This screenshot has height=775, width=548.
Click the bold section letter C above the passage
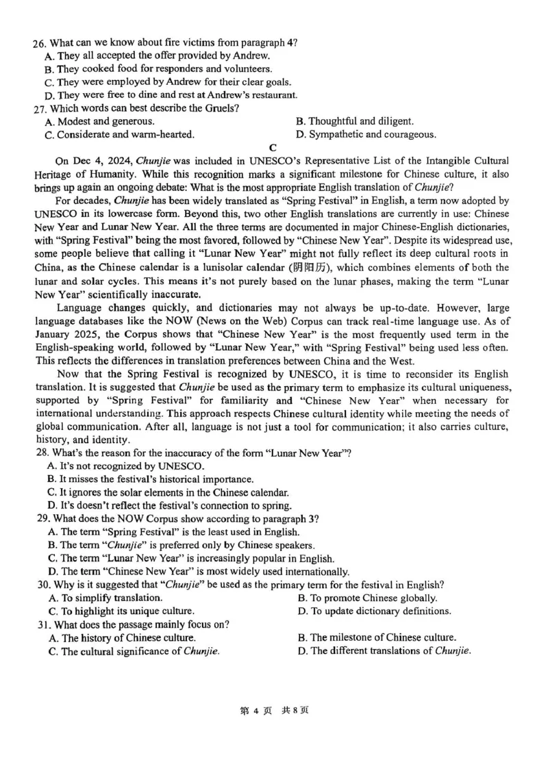click(273, 147)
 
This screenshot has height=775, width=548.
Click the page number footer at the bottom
click(273, 710)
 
